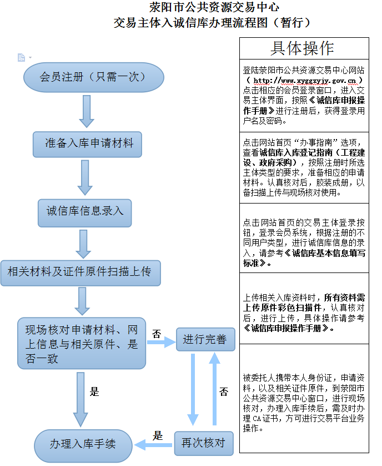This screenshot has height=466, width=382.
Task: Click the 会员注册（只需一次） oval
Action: [93, 77]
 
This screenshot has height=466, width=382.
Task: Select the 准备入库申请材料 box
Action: [89, 143]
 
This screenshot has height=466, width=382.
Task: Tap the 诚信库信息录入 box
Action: [85, 211]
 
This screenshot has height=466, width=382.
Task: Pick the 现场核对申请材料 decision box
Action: [82, 344]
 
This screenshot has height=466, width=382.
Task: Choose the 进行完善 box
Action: [205, 339]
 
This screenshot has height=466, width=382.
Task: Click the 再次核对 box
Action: [204, 443]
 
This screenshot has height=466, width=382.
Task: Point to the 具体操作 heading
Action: [303, 48]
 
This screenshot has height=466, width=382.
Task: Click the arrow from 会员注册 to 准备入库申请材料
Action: [87, 111]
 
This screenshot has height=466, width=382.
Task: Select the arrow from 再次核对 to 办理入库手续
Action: [155, 444]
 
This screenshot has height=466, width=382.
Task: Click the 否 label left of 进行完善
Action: [157, 334]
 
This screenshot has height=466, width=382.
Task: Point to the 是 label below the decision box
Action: [94, 391]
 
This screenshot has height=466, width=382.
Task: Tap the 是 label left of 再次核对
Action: [158, 435]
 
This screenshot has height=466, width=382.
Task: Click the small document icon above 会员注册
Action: [22, 57]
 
